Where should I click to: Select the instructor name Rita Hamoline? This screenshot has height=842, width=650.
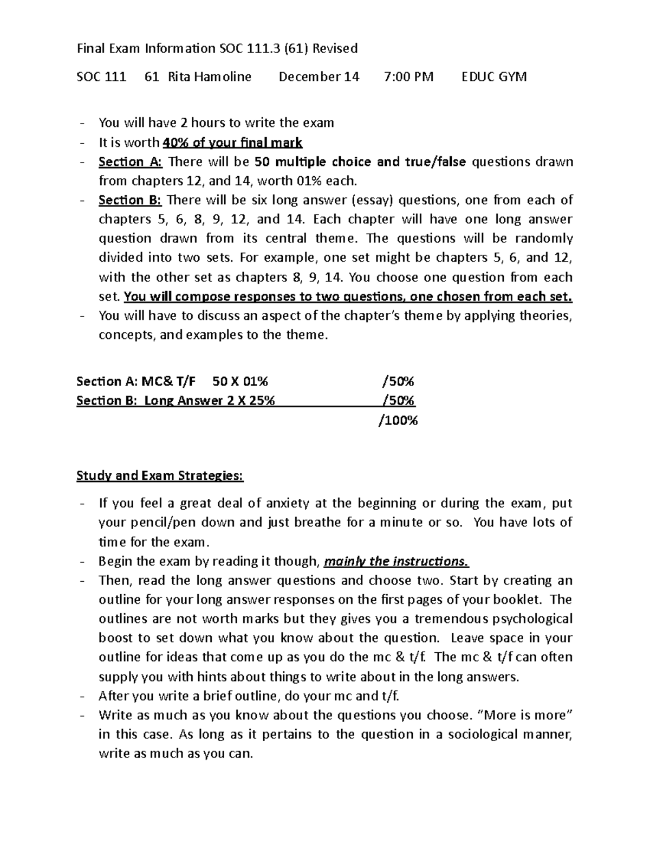(210, 76)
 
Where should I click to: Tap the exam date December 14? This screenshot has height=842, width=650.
(318, 76)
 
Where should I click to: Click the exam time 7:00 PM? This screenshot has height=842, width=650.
(408, 76)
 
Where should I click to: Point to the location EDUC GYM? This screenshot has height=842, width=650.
(493, 76)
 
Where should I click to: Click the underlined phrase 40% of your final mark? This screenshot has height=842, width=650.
(232, 143)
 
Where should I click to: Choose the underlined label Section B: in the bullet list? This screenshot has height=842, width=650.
(130, 200)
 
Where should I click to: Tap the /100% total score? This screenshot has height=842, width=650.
(398, 420)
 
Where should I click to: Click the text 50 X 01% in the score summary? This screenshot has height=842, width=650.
(240, 382)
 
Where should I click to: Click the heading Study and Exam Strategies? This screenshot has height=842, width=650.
(160, 476)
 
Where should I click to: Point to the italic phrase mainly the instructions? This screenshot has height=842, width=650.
(396, 561)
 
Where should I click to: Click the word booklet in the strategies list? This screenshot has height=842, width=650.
(520, 600)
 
